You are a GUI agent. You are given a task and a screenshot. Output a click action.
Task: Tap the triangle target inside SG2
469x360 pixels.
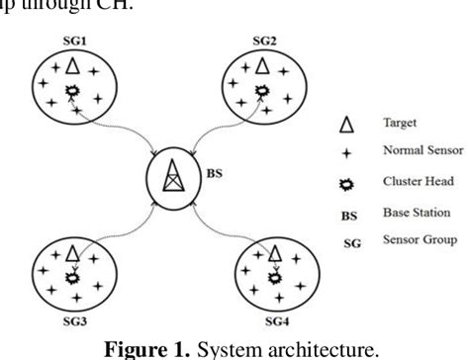click(261, 67)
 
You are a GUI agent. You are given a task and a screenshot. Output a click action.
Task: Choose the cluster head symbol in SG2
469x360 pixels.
click(261, 91)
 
